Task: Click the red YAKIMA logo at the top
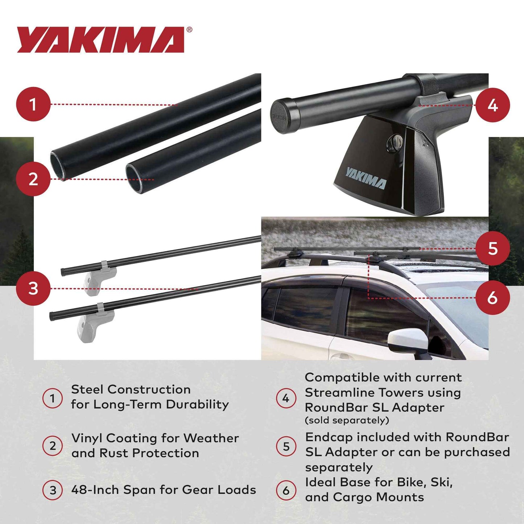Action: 100,40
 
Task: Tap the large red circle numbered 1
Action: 33,104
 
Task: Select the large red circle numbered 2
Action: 33,179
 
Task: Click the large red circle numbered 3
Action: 33,289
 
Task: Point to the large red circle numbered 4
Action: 492,105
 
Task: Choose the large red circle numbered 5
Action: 492,248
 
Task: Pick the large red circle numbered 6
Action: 492,298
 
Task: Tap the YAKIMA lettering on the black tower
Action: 366,178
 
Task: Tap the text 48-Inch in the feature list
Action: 95,490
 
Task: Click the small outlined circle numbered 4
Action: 286,398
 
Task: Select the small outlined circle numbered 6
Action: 286,491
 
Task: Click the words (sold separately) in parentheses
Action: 347,421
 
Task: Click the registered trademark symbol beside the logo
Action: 189,30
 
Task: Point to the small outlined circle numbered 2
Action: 53,446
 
